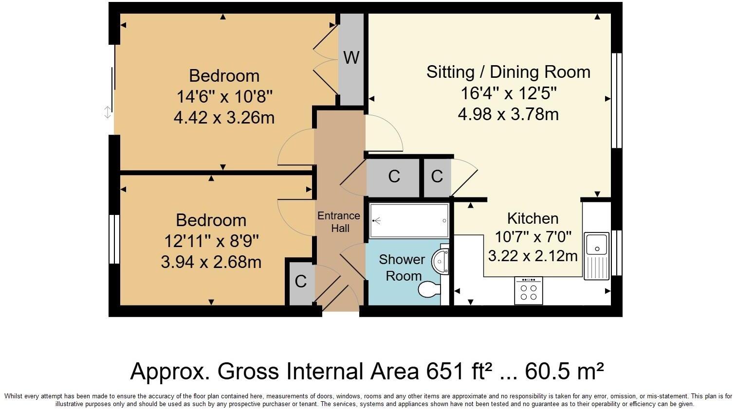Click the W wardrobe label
[351, 57]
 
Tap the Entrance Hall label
[339, 222]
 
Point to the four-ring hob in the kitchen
[528, 291]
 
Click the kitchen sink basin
[596, 244]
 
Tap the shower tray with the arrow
[409, 221]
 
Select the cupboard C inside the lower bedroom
[301, 281]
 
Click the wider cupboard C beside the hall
[394, 176]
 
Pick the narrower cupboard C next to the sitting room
[437, 176]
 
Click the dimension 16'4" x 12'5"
[508, 93]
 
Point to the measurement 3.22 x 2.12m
[533, 256]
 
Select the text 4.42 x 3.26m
[224, 118]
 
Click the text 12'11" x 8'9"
[211, 241]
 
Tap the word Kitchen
[533, 218]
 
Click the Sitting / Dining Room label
[508, 72]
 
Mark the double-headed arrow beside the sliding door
[108, 113]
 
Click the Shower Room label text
[402, 267]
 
